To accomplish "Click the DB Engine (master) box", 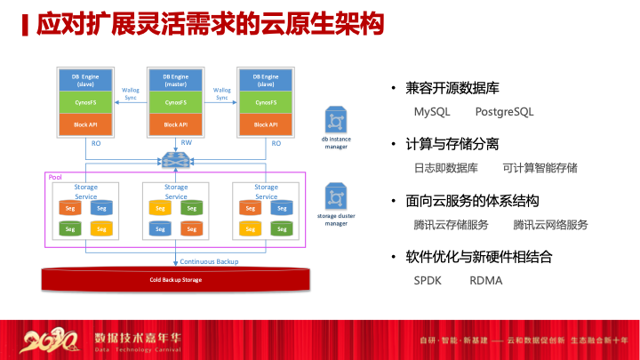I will [175, 80].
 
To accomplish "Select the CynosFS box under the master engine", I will [175, 102].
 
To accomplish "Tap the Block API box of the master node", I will [175, 124].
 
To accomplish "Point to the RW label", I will [186, 143].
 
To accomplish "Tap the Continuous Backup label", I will [210, 262].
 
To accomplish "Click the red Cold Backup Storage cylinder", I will [175, 279].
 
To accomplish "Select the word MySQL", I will [433, 112].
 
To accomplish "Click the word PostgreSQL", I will [504, 112].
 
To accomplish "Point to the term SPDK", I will [428, 280].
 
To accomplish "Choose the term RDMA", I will [486, 280].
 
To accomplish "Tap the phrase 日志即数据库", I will [446, 167].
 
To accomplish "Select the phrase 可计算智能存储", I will [540, 167].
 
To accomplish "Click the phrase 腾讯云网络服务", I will [550, 224].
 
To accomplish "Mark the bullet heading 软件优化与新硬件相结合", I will [479, 257].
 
